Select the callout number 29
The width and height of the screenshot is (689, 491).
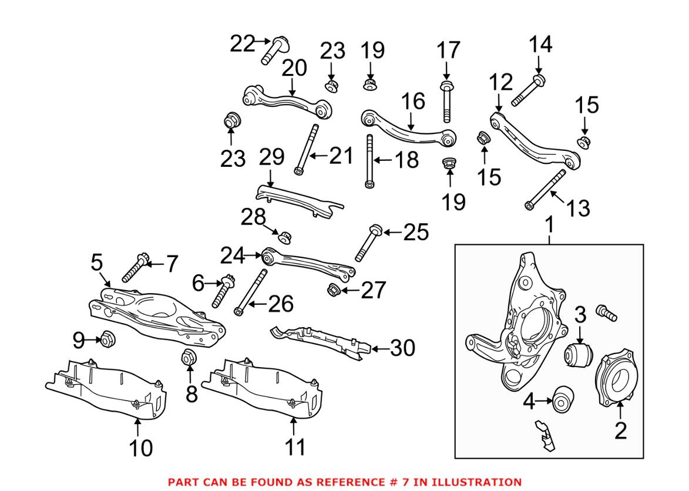coord(271,157)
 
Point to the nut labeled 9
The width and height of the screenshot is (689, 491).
coord(108,339)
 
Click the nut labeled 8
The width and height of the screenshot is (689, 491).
coord(189,357)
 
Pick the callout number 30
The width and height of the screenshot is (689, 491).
coord(402,348)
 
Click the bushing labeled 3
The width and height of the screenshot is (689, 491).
coord(579,355)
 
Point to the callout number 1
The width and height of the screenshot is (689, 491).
coord(550,225)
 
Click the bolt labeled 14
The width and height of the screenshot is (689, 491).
coord(527,92)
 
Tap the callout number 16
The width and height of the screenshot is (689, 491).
coord(414,101)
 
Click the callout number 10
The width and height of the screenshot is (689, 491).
coord(140,448)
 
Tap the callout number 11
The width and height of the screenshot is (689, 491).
coord(295,447)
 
